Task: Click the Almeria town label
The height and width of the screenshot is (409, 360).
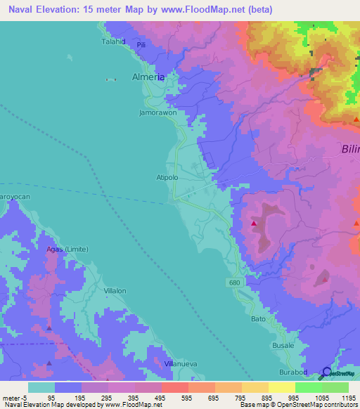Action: [x=148, y=78]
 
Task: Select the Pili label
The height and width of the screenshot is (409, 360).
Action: [x=141, y=45]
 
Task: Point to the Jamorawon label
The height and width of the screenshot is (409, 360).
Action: [x=157, y=112]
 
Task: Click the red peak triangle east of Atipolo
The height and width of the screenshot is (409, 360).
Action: [x=254, y=223]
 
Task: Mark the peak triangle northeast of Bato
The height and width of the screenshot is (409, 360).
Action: [x=324, y=279]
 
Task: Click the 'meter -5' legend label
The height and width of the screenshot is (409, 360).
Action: [x=14, y=398]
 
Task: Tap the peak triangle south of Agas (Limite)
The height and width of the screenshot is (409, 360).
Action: [x=49, y=363]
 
